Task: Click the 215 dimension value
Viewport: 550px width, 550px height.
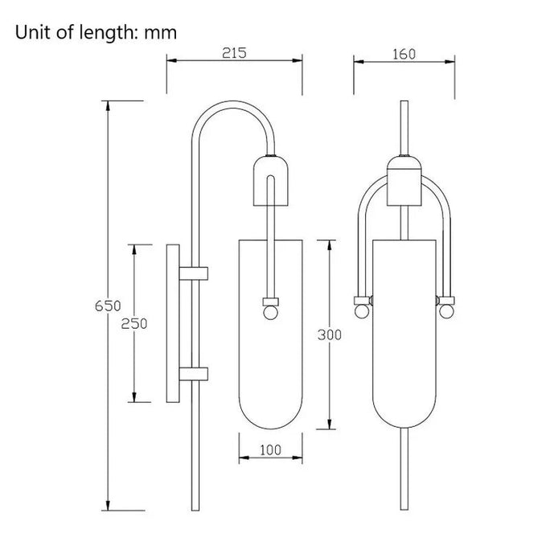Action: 234,52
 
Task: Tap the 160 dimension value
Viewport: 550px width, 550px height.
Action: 404,54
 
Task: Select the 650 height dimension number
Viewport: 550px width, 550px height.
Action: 108,306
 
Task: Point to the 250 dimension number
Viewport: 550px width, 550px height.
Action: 134,323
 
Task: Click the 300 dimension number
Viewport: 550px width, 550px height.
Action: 330,335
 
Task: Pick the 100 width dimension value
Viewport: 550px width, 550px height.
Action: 270,449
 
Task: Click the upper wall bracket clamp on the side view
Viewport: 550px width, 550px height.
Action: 194,273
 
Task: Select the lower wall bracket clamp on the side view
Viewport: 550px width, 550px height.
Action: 194,374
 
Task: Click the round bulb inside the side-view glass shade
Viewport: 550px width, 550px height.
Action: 270,313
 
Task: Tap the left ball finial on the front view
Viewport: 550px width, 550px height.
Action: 361,311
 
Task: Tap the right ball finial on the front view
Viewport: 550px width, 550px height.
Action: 446,311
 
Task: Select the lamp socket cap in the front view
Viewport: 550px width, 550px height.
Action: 404,180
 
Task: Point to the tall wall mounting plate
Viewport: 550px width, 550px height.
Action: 173,323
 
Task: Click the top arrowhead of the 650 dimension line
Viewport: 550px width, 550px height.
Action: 108,106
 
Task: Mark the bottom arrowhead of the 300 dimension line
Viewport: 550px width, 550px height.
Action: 330,424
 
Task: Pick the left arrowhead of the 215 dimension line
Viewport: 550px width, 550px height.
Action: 172,60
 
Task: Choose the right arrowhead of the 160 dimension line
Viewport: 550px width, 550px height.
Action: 449,62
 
